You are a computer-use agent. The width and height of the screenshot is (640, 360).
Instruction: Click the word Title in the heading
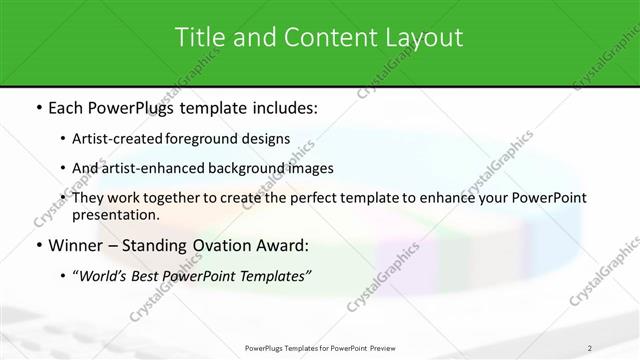(x=200, y=38)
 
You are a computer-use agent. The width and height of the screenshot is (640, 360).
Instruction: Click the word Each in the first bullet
(x=66, y=108)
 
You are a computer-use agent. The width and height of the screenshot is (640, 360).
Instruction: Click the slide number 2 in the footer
(x=589, y=348)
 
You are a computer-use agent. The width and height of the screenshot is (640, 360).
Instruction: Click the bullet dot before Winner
(x=38, y=245)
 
